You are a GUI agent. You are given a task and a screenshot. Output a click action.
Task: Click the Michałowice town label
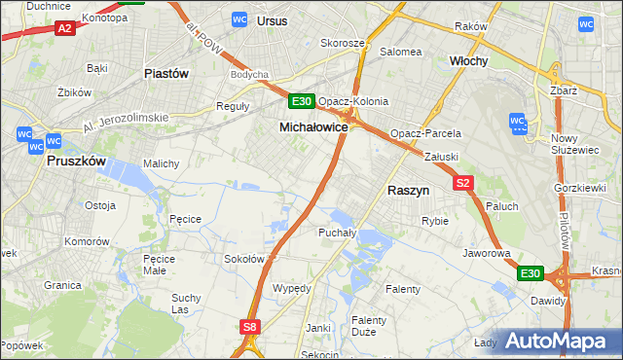click(313, 127)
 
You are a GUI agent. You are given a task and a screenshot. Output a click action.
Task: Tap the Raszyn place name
click(408, 191)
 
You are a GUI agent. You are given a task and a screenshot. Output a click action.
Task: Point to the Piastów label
click(165, 73)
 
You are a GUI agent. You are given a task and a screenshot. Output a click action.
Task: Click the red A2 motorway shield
click(65, 29)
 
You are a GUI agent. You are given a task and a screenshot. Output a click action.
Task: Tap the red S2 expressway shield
click(462, 182)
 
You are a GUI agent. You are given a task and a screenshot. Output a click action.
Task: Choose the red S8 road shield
click(250, 328)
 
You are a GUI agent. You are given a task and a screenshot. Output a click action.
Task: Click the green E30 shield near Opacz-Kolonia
click(301, 101)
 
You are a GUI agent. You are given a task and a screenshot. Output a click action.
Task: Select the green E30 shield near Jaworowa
click(530, 274)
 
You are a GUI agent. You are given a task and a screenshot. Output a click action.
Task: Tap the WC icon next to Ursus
click(240, 18)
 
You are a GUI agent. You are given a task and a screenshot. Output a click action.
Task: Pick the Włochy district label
click(468, 60)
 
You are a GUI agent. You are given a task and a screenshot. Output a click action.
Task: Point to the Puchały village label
click(336, 233)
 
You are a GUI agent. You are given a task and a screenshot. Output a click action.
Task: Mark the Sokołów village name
click(244, 259)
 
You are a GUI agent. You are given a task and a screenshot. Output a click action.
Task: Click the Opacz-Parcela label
click(425, 133)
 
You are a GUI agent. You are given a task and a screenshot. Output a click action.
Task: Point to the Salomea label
click(400, 52)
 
